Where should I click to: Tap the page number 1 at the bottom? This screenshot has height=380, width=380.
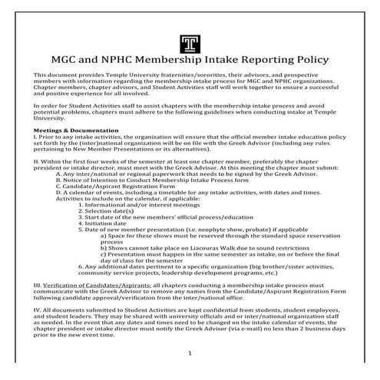(x=189, y=352)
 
